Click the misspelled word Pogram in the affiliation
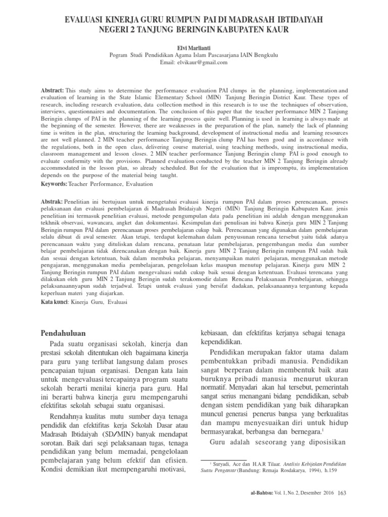119,55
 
